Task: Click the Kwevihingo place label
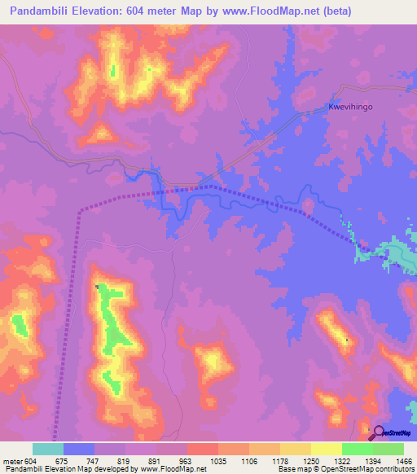tap(351, 106)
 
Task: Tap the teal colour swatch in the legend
tap(48, 449)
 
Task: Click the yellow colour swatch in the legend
tap(326, 449)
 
